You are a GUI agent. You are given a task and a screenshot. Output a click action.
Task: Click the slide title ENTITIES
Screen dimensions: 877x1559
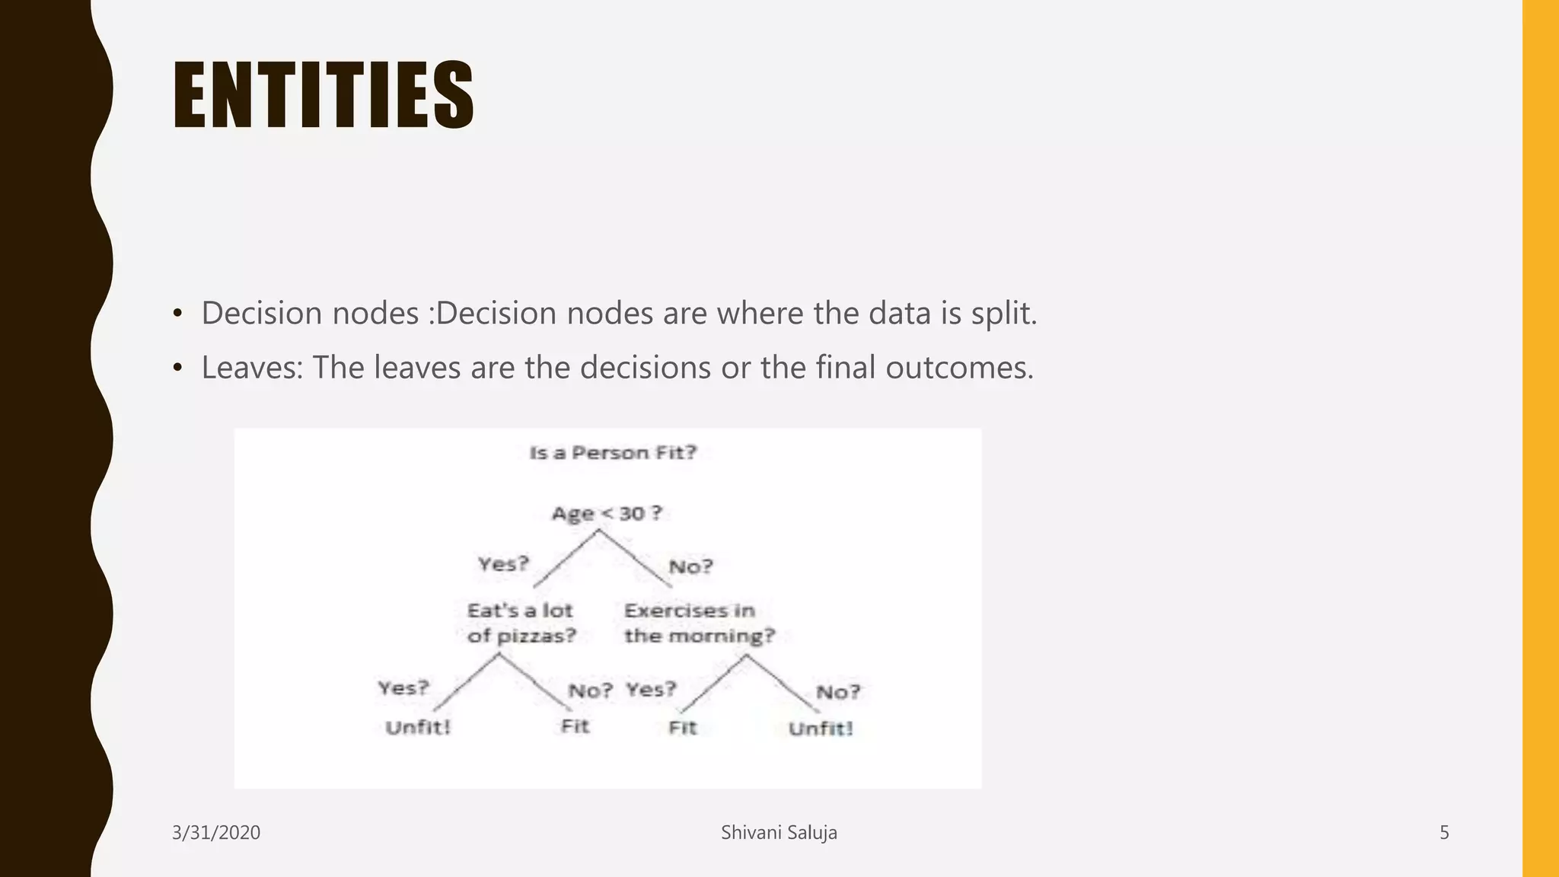324,95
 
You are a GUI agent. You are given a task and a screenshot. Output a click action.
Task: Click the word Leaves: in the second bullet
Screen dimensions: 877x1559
252,368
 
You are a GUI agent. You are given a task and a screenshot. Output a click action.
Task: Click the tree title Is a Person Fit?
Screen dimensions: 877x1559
613,453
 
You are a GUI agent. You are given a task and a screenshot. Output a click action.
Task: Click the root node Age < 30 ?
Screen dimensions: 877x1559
607,514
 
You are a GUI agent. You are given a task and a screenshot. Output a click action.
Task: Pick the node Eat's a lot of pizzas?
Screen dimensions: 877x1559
521,623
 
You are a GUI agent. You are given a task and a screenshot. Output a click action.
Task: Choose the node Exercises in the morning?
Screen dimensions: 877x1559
698,623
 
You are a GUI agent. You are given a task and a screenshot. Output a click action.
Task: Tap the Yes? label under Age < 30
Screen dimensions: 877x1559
503,564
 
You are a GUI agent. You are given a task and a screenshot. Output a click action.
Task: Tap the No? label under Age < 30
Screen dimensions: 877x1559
690,566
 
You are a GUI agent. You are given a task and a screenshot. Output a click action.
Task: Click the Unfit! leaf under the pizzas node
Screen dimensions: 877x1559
418,727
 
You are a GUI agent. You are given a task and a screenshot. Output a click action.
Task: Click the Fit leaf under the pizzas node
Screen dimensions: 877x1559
575,726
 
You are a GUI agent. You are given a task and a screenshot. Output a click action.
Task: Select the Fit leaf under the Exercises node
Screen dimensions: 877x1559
682,728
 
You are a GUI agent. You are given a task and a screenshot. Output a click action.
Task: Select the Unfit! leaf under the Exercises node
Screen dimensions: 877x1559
821,729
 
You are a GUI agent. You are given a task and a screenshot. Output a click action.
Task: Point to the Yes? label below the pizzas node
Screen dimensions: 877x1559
403,688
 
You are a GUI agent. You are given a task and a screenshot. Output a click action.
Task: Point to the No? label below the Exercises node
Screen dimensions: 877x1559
838,692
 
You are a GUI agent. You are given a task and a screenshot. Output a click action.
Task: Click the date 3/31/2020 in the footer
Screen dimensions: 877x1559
216,833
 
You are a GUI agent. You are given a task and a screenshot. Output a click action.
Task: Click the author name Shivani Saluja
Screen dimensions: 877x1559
779,833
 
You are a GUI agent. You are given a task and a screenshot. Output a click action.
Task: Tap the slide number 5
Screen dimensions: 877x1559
1444,833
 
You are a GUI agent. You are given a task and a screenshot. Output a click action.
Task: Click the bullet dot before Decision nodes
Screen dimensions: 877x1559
177,314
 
